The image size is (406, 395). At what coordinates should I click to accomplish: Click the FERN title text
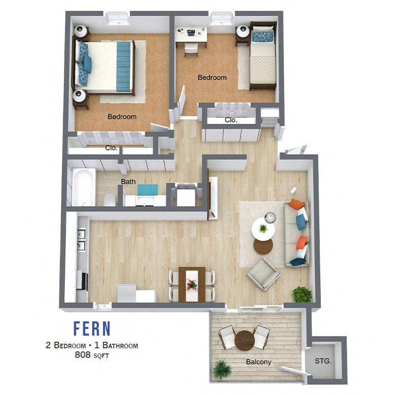pyautogui.click(x=92, y=329)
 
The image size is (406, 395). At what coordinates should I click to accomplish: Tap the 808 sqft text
pyautogui.click(x=92, y=355)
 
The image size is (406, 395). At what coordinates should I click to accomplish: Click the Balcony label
pyautogui.click(x=258, y=362)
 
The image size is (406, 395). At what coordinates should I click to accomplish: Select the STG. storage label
pyautogui.click(x=323, y=361)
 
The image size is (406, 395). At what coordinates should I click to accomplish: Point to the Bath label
pyautogui.click(x=128, y=181)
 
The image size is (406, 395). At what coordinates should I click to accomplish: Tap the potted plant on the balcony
pyautogui.click(x=221, y=369)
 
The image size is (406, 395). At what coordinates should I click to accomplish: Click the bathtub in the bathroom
pyautogui.click(x=83, y=187)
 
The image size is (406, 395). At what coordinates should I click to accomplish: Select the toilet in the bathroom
pyautogui.click(x=109, y=200)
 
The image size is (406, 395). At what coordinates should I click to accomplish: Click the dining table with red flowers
pyautogui.click(x=192, y=284)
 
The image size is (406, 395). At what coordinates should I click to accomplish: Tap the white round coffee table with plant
pyautogui.click(x=263, y=229)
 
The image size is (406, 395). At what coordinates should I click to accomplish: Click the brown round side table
pyautogui.click(x=263, y=247)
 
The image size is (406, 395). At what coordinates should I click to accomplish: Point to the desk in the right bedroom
pyautogui.click(x=191, y=34)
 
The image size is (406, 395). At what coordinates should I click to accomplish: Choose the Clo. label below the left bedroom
pyautogui.click(x=112, y=148)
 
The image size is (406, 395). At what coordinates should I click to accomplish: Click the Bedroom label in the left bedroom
pyautogui.click(x=122, y=117)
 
